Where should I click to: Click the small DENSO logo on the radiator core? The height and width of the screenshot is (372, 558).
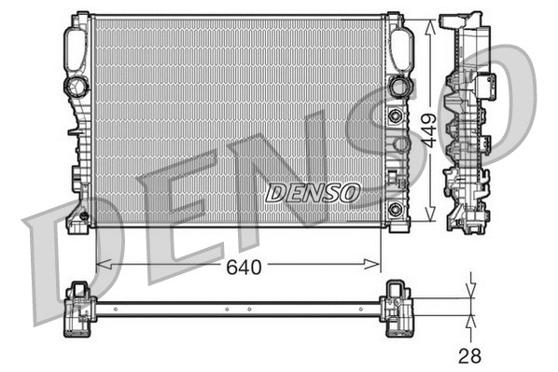coord(313,192)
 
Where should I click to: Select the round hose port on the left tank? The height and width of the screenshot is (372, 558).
coord(76,87)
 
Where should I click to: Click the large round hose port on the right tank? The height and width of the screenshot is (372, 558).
coord(399,87)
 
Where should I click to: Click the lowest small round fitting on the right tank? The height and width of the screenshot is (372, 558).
coord(396,207)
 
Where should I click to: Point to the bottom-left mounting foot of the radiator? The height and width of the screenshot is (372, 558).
coord(77,220)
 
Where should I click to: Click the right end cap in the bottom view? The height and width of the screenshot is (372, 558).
coord(396,307)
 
